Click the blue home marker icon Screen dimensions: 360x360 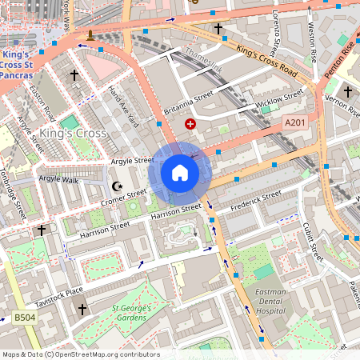pos(180,173)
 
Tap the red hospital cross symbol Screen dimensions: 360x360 pos(190,124)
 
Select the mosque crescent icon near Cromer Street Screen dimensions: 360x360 pos(119,186)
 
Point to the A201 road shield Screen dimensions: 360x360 pos(294,122)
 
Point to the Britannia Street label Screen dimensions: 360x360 pos(189,103)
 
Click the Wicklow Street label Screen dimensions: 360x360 pos(280,99)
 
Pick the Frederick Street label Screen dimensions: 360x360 pos(255,201)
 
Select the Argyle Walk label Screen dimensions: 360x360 pos(60,179)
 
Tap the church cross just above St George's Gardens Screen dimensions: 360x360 pos(81,309)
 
